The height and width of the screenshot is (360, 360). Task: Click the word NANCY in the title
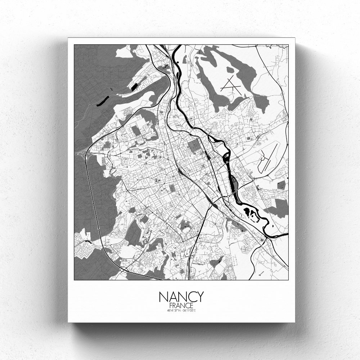click(x=181, y=297)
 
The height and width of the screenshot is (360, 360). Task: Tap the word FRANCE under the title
click(x=181, y=305)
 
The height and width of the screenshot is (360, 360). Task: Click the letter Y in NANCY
click(x=199, y=297)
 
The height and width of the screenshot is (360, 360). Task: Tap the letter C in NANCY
click(x=190, y=297)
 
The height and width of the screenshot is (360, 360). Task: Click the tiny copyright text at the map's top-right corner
click(x=274, y=46)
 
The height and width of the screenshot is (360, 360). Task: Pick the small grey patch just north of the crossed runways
click(x=230, y=68)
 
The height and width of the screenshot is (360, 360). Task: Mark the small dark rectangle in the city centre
click(x=171, y=187)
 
